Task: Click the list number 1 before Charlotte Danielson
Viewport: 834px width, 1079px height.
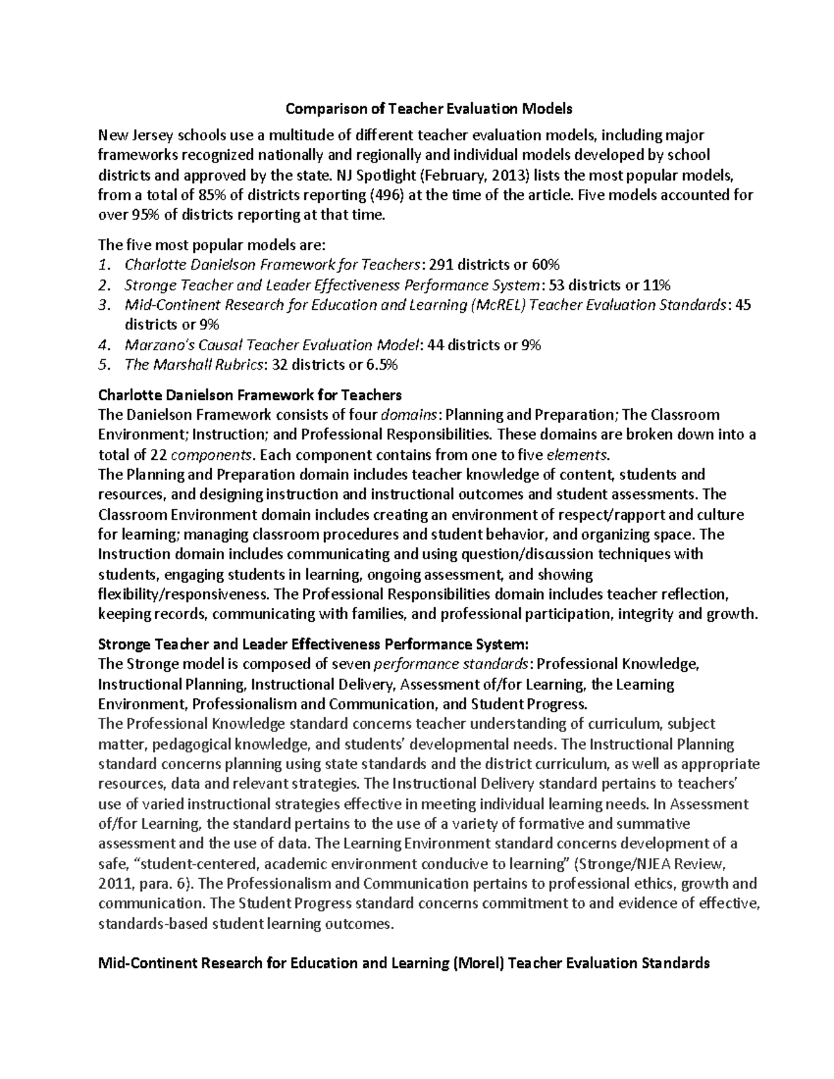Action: click(104, 265)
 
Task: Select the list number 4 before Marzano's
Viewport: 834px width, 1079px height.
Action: click(104, 345)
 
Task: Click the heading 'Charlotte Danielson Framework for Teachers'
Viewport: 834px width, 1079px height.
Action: click(250, 395)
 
